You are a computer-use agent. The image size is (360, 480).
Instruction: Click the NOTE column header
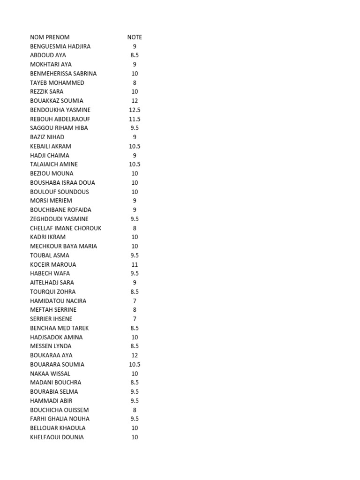[x=135, y=37]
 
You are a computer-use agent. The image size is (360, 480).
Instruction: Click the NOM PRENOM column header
[x=50, y=37]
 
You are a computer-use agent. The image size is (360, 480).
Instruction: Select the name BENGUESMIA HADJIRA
[x=60, y=46]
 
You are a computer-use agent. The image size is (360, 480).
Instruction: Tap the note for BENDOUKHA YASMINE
[x=135, y=110]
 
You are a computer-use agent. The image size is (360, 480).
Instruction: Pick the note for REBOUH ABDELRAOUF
[x=135, y=119]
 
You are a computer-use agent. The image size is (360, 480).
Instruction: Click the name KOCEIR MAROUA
[x=53, y=264]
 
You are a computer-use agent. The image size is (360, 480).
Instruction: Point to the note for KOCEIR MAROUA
[x=135, y=264]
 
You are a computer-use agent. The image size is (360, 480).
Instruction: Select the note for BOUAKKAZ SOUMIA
[x=135, y=101]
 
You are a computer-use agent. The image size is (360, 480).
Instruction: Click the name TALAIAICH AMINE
[x=54, y=165]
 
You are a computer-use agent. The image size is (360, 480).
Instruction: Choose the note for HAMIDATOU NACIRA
[x=135, y=301]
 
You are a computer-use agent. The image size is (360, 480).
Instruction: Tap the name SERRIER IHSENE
[x=51, y=319]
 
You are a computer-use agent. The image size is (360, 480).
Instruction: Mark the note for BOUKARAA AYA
[x=135, y=355]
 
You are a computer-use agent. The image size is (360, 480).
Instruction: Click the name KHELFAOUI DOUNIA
[x=57, y=437]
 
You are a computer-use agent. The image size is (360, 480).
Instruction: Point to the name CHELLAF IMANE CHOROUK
[x=66, y=228]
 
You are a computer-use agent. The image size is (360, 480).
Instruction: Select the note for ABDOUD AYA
[x=135, y=55]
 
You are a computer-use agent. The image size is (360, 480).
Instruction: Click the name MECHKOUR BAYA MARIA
[x=64, y=246]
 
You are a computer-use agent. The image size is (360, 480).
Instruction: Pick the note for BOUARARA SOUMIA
[x=135, y=364]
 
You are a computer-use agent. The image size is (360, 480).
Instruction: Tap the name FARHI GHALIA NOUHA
[x=60, y=419]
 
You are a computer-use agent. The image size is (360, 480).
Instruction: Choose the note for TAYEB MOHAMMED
[x=135, y=82]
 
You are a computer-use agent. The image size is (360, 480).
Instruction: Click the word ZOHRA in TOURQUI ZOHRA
[x=66, y=292]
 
